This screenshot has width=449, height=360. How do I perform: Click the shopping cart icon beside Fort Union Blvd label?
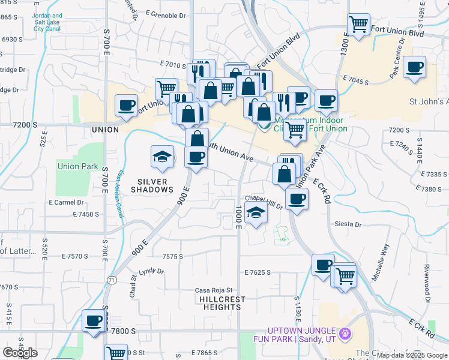358,25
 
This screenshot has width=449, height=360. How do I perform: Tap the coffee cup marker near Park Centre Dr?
414,67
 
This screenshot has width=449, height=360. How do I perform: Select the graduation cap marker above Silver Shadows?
161,157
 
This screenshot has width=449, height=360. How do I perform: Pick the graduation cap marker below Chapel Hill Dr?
256,213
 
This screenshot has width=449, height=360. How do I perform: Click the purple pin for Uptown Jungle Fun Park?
345,332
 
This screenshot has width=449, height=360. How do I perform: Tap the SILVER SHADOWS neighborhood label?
155,185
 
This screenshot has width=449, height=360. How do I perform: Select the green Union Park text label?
77,166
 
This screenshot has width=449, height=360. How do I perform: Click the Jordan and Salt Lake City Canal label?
48,22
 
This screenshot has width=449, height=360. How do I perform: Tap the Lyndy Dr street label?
151,271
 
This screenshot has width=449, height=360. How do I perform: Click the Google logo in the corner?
20,353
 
